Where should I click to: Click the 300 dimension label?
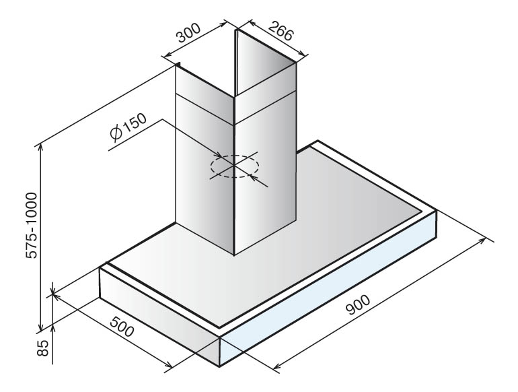click(x=188, y=32)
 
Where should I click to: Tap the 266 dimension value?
click(x=281, y=30)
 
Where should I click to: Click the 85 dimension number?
click(x=42, y=348)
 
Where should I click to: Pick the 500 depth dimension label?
click(x=122, y=326)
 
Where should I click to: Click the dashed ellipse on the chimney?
click(x=235, y=166)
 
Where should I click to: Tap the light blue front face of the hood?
click(x=329, y=288)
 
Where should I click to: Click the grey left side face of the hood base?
click(x=159, y=317)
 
